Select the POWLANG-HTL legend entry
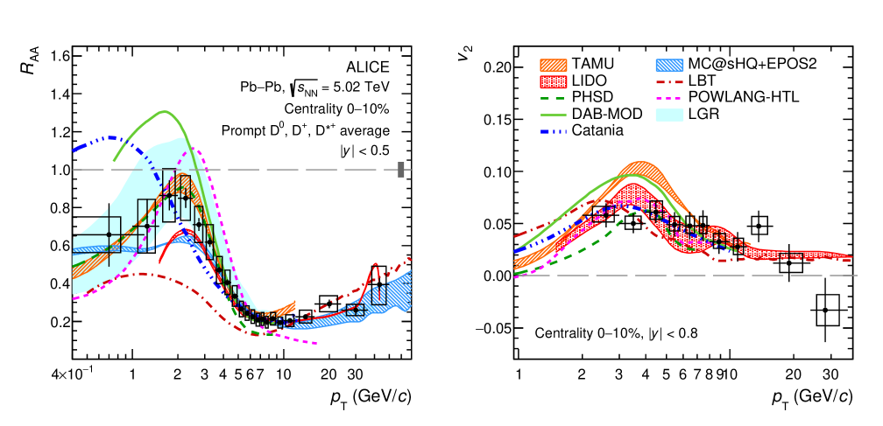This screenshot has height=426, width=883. tap(745, 97)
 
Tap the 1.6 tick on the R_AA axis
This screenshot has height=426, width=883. tap(60, 57)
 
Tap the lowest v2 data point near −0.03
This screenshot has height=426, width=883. tap(825, 310)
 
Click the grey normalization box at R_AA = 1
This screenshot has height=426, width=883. tap(400, 170)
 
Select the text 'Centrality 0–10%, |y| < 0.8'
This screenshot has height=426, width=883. tap(616, 332)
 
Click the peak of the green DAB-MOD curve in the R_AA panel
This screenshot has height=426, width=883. tap(164, 111)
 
